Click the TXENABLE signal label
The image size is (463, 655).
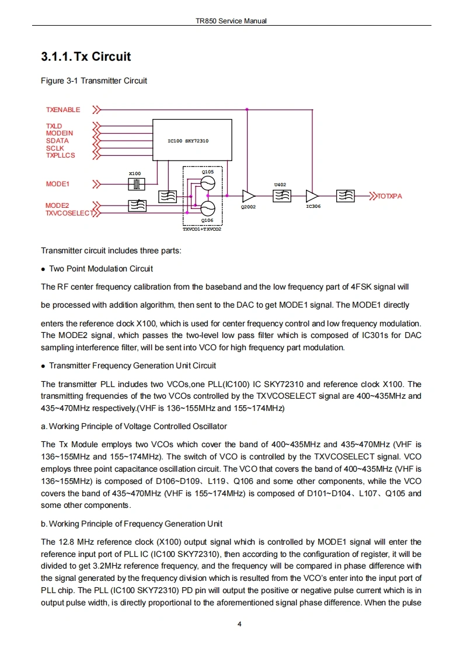point(63,109)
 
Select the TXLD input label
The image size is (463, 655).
point(54,126)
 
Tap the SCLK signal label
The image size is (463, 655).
point(55,148)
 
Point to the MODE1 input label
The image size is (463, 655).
point(57,184)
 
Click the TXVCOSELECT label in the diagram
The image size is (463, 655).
point(69,213)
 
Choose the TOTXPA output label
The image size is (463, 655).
point(389,196)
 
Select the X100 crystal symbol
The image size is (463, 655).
point(135,184)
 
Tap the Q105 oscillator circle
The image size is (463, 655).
point(207,184)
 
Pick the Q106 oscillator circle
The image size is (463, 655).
point(207,208)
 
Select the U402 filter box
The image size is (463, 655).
point(281,196)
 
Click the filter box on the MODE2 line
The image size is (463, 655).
point(137,205)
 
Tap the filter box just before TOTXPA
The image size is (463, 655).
point(346,196)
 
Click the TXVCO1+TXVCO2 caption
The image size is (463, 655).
point(202,229)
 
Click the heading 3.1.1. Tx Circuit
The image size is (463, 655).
point(86,57)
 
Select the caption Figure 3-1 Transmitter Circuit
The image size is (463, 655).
point(93,81)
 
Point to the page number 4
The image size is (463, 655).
point(239,623)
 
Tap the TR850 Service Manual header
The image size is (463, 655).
point(231,21)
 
